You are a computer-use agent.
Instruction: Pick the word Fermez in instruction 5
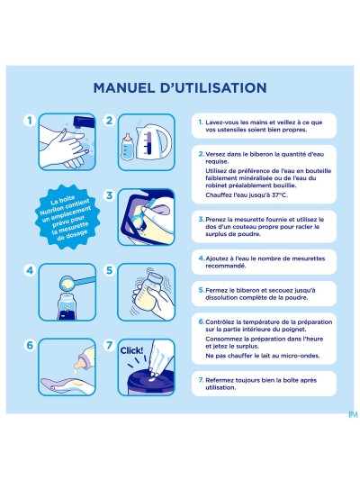point(219,290)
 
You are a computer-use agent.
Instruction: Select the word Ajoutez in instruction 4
point(220,257)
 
